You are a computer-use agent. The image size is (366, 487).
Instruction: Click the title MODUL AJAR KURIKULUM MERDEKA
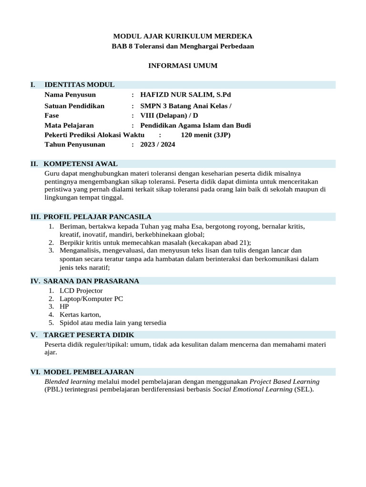coord(183,36)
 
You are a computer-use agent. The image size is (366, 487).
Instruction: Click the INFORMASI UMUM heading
coord(183,66)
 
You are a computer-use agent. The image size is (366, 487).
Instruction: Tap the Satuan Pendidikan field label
coord(74,106)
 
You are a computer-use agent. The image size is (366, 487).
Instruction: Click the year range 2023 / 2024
coord(158,145)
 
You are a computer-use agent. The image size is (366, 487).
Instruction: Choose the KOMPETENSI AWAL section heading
coord(81,164)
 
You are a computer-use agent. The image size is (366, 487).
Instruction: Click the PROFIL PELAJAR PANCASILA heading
coord(98,217)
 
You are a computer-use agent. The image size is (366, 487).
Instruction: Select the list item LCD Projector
coord(81,291)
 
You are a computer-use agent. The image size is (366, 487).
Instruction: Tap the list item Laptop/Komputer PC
coord(91,299)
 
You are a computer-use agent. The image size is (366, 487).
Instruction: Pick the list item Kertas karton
coord(80,315)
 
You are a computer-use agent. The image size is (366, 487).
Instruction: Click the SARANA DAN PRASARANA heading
coord(91,281)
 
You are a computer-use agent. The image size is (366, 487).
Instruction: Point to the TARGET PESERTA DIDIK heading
coord(89,335)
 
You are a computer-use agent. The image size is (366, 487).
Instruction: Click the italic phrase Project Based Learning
coord(285,381)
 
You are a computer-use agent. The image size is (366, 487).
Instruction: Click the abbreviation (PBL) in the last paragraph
coord(53,390)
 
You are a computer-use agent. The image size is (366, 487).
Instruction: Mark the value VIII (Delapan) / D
coord(169,116)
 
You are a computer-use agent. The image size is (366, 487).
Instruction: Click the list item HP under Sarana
coord(64,307)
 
